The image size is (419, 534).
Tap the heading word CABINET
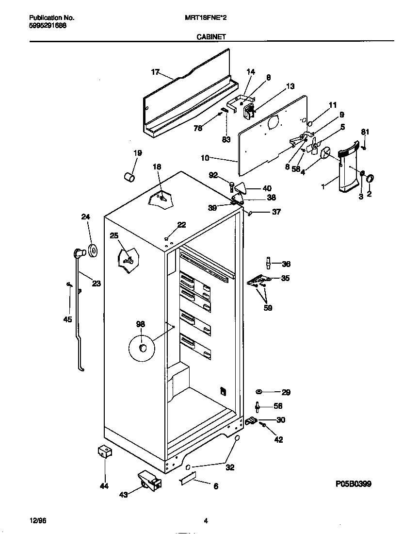[x=210, y=36]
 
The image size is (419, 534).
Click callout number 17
[x=155, y=72]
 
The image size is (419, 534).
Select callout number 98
[x=141, y=324]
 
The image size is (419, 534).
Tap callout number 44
[x=104, y=486]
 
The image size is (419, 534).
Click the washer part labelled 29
[x=259, y=392]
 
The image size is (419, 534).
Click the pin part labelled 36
[x=267, y=263]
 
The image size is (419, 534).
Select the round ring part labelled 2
[x=371, y=178]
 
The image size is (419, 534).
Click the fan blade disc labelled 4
[x=325, y=152]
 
